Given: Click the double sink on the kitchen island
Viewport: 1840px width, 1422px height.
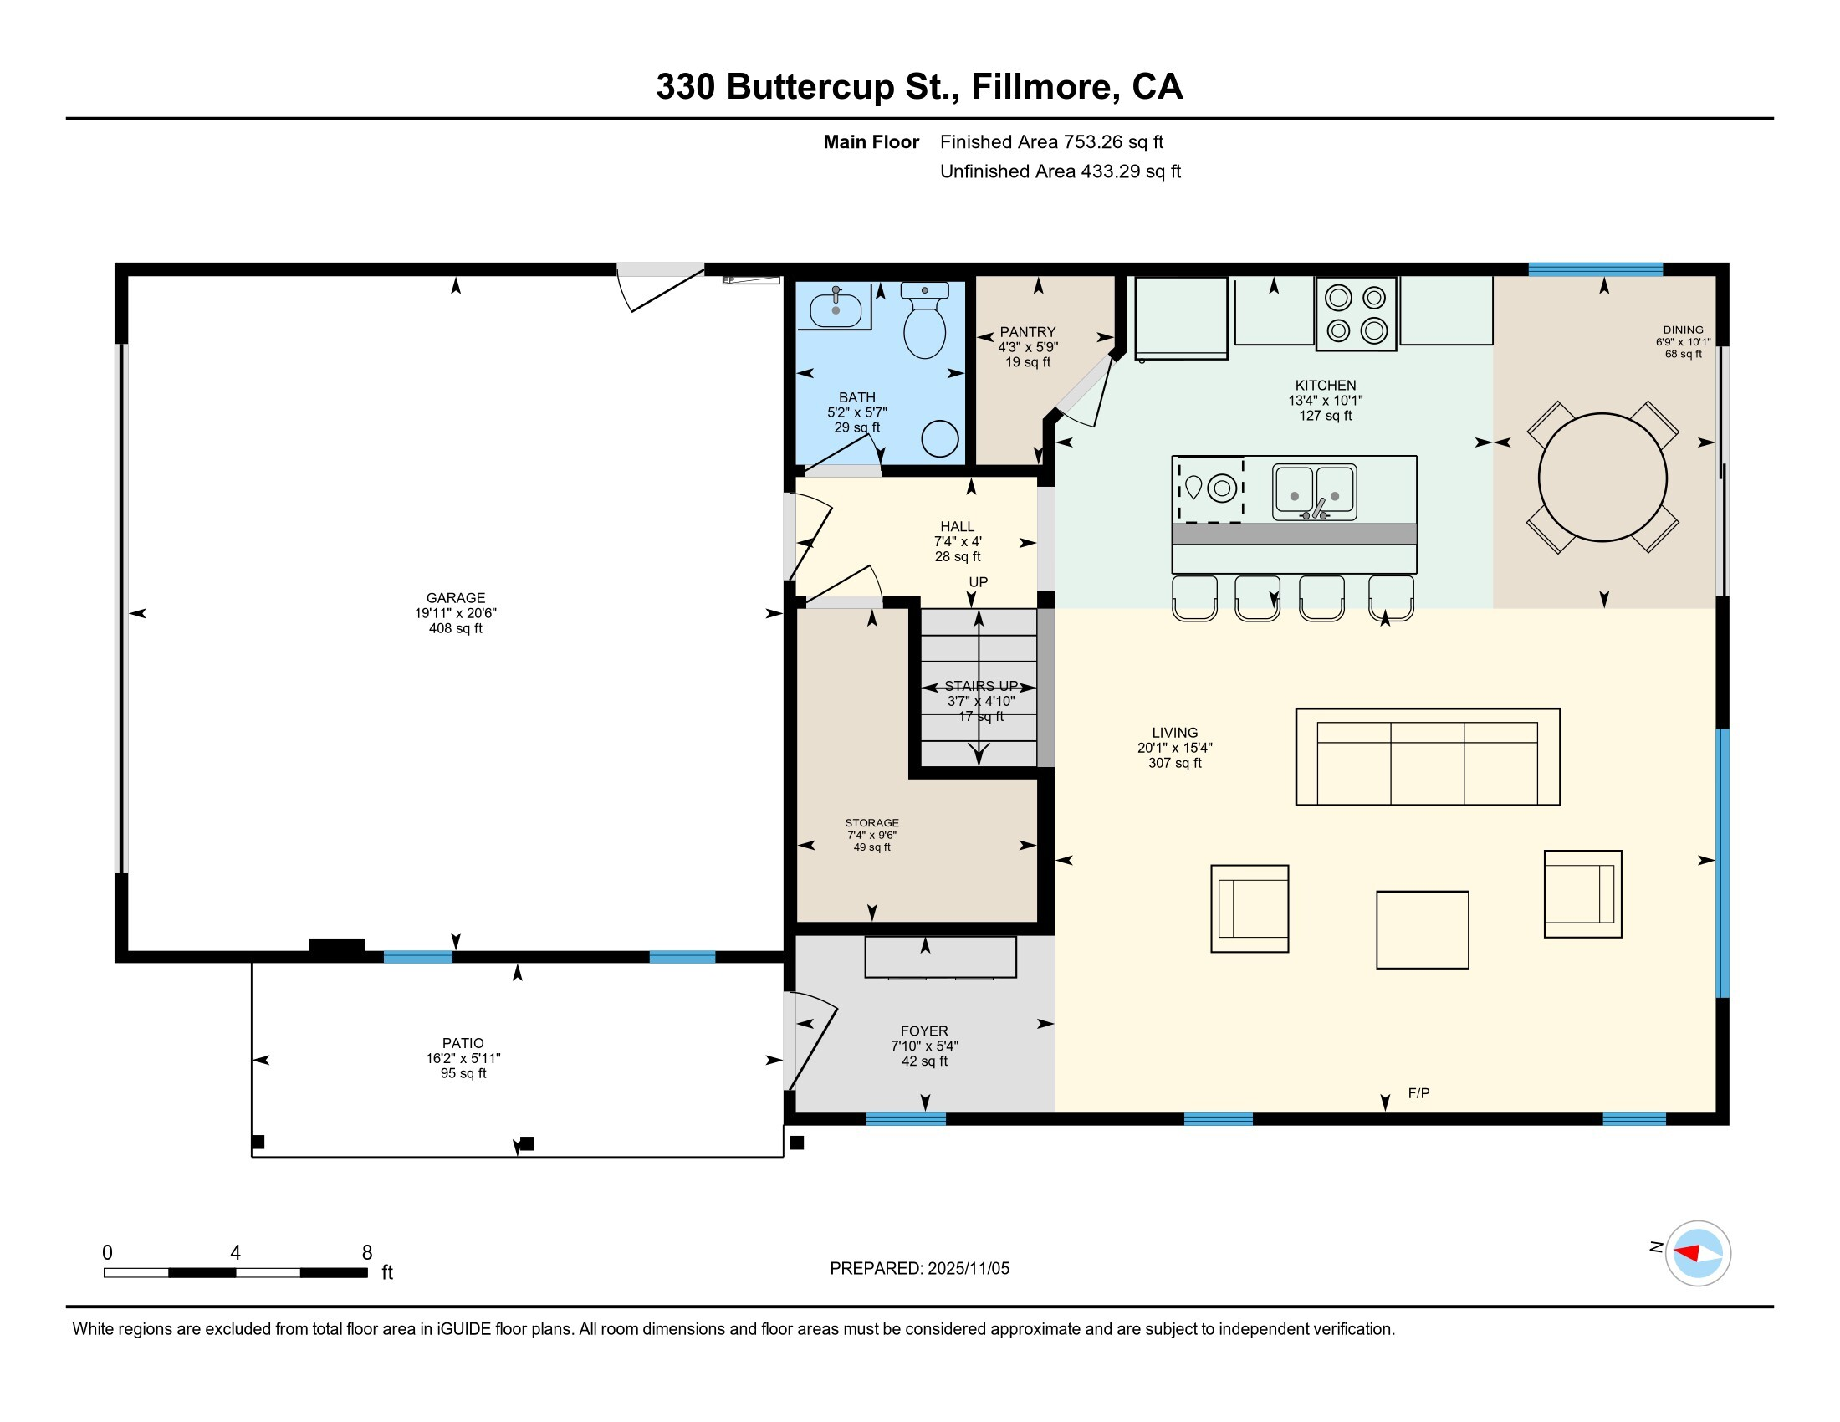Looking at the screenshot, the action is [x=1314, y=491].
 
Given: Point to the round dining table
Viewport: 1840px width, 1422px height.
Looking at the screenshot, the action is [x=1602, y=477].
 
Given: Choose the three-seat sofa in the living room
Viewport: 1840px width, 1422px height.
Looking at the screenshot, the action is [x=1428, y=756].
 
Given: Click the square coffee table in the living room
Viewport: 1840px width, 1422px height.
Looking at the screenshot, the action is [x=1422, y=930].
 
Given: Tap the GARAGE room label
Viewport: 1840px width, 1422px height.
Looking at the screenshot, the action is [x=455, y=598].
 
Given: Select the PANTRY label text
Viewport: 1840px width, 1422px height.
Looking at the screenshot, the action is [x=1028, y=332].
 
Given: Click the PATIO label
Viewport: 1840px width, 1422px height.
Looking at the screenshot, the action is [x=463, y=1043].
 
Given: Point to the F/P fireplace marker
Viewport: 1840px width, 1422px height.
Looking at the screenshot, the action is [x=1418, y=1093].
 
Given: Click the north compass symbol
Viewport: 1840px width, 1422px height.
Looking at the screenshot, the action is [x=1698, y=1254].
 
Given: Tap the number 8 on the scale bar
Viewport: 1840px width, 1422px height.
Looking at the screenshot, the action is [x=367, y=1253].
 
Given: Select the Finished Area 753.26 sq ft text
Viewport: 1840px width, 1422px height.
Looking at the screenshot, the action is [x=1051, y=141].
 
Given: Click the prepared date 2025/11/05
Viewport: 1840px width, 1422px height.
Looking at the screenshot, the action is [x=968, y=1269].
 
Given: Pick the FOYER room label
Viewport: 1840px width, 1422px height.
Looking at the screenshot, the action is [x=924, y=1031].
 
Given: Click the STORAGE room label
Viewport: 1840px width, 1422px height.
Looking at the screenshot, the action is [x=872, y=823].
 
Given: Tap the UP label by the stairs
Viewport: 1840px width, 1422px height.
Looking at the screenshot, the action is [x=979, y=582].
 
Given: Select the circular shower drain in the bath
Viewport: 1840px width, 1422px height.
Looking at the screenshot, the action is [x=939, y=439].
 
